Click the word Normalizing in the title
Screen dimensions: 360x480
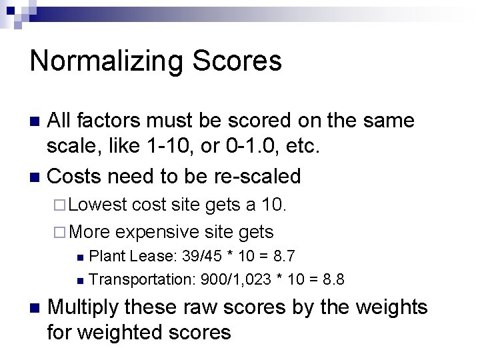[x=107, y=61]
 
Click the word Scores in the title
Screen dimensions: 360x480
[x=237, y=61]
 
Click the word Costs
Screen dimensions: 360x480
[x=75, y=176]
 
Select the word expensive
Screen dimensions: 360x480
[x=157, y=232]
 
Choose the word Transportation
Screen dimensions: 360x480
[x=141, y=279]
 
